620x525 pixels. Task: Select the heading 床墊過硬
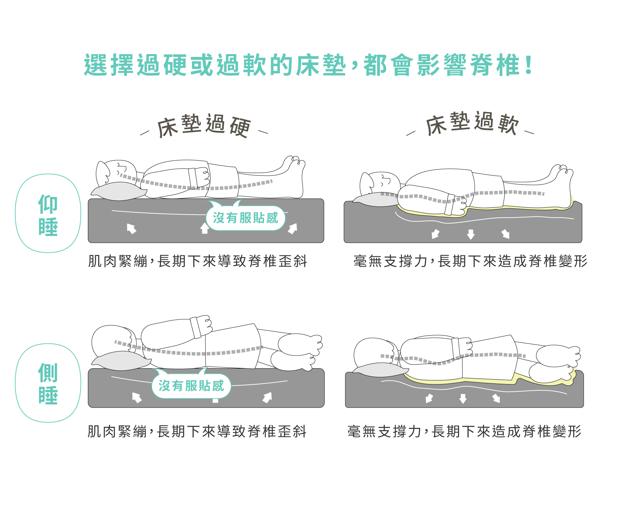tap(204, 126)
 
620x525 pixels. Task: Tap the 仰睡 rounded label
tap(48, 214)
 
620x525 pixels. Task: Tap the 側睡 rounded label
tap(48, 383)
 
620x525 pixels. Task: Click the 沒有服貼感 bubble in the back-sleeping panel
tap(245, 218)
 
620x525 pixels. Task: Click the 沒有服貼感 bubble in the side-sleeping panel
tap(191, 386)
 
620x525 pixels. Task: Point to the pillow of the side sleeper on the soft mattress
tap(379, 370)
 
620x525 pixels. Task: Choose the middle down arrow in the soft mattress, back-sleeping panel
tap(471, 234)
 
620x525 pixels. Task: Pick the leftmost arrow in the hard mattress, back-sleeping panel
tap(131, 228)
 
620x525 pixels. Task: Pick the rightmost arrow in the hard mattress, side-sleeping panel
tap(267, 397)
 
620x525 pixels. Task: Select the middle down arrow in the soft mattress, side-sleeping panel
tap(463, 399)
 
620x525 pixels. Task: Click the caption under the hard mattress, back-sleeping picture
tap(197, 261)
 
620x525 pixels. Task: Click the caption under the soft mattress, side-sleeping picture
tap(464, 431)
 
